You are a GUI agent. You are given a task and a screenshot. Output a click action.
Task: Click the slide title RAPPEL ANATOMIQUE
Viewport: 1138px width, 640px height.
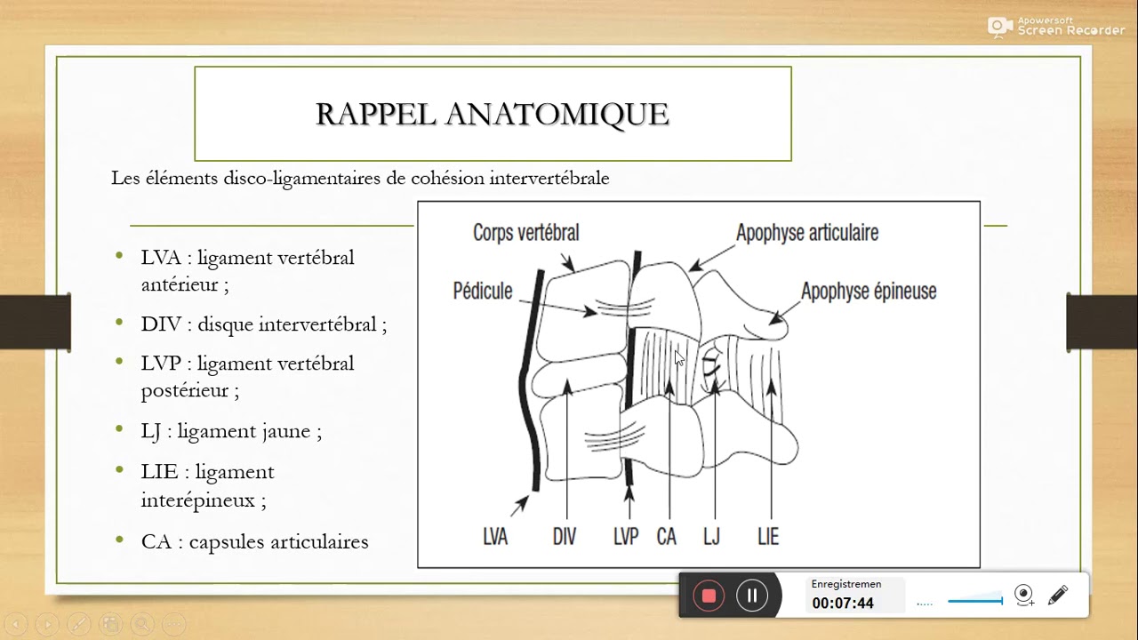point(493,114)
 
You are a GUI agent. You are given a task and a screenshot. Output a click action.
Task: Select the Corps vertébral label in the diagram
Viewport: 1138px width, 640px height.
point(525,233)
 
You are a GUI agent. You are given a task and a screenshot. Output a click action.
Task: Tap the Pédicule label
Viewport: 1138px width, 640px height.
point(483,291)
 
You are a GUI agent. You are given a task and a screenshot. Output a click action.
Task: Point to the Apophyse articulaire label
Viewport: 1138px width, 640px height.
point(806,233)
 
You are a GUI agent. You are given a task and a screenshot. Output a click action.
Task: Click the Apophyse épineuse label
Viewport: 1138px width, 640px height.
point(868,292)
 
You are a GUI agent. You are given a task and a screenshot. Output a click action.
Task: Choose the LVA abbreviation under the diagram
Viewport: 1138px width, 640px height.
point(495,536)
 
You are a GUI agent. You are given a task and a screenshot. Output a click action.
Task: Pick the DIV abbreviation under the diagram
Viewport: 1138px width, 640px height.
point(564,536)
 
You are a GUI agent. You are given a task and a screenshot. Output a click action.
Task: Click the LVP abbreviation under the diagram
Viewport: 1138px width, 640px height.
point(626,536)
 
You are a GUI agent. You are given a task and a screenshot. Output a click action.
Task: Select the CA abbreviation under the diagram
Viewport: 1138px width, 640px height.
point(666,536)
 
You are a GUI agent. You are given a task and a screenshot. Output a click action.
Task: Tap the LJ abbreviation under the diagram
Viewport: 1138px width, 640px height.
point(711,536)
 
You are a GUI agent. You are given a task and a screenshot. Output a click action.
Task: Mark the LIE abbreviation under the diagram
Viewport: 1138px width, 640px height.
point(768,536)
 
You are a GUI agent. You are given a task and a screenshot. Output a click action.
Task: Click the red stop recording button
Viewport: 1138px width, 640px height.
point(709,596)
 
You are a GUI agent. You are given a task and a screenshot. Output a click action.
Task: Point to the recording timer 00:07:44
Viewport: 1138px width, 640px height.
point(842,604)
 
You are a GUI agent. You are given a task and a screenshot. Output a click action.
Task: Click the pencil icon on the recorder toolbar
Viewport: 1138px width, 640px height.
point(1057,596)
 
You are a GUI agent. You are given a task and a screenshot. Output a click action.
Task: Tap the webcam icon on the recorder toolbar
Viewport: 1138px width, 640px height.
point(1024,596)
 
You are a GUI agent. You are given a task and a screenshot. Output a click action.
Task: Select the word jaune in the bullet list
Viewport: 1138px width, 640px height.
point(285,432)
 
